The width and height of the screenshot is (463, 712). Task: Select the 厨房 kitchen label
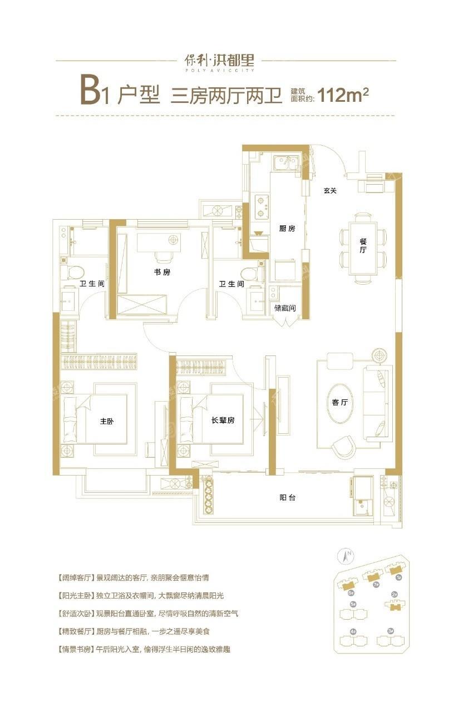click(x=287, y=229)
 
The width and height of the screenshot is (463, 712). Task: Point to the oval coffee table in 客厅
click(x=340, y=402)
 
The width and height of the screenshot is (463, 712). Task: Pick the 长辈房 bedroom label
click(x=223, y=421)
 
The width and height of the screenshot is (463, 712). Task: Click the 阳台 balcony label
click(x=288, y=497)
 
